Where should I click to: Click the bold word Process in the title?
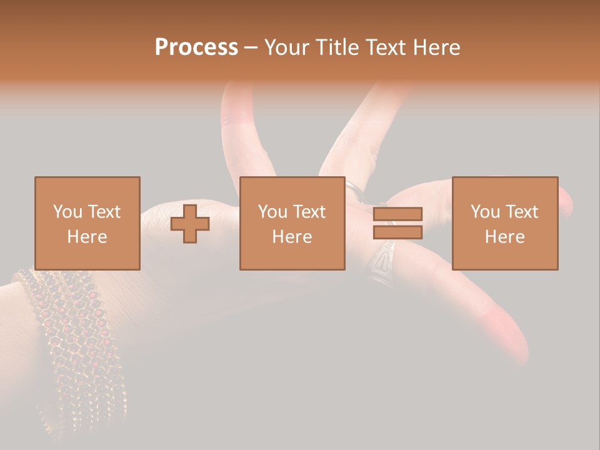click(x=196, y=47)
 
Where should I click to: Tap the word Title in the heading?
click(x=338, y=47)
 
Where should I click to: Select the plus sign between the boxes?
click(x=190, y=224)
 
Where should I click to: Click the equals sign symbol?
click(x=397, y=223)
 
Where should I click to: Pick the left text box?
click(x=87, y=223)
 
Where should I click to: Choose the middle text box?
click(x=292, y=223)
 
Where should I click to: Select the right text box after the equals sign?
click(x=505, y=223)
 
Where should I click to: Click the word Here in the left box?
click(x=87, y=237)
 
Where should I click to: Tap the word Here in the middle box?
click(x=292, y=237)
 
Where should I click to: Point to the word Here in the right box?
click(x=505, y=237)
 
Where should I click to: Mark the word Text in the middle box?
click(x=309, y=212)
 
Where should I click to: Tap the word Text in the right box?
click(x=521, y=212)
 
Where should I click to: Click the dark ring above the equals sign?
click(x=355, y=190)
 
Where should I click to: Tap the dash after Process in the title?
click(x=251, y=47)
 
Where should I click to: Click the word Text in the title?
click(x=386, y=47)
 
